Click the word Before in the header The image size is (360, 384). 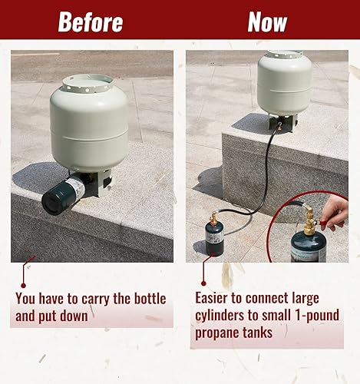coord(90,22)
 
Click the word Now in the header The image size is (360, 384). coord(267,22)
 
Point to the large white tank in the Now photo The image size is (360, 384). coord(284,83)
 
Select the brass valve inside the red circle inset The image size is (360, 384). coord(310,226)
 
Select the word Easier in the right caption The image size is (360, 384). coord(216,297)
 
